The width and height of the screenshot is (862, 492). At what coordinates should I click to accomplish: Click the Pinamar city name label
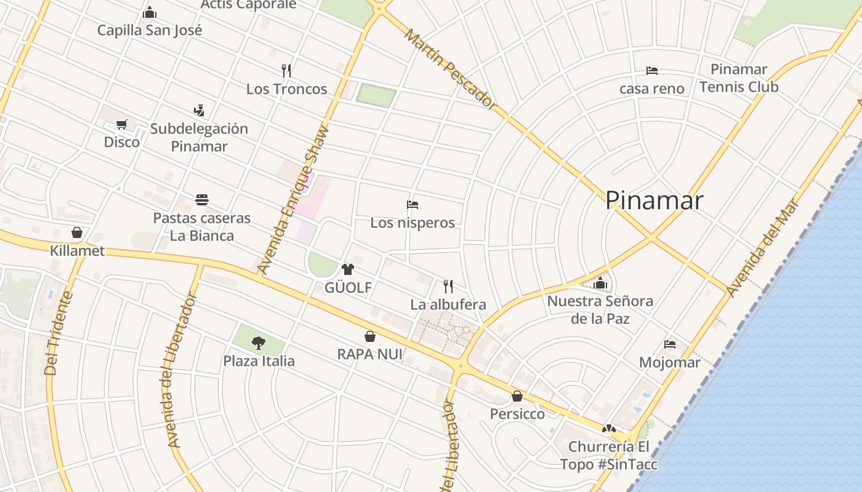coord(654,201)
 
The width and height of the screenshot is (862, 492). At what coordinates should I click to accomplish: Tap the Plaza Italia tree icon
coord(259,343)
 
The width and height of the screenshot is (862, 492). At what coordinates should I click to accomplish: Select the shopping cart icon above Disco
coord(122,125)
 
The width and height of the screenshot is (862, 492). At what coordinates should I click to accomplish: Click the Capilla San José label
coord(150,30)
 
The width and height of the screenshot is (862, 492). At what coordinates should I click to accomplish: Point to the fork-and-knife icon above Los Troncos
coord(286,70)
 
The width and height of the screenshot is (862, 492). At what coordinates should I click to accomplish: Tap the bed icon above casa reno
coord(652,71)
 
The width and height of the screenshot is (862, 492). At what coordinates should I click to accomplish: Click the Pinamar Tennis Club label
coord(739,78)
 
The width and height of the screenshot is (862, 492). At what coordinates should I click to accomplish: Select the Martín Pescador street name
coord(451,69)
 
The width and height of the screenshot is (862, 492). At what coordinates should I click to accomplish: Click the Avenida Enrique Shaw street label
coord(294,200)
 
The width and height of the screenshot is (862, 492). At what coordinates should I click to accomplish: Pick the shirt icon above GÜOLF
coord(348,269)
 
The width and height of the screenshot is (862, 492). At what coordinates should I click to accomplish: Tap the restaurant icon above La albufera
coord(448,286)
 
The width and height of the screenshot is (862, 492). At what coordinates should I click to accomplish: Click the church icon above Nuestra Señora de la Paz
coord(600,284)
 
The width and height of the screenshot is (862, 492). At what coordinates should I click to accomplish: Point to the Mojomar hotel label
coord(670,362)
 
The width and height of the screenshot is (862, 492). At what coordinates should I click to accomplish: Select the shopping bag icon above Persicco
coord(517,396)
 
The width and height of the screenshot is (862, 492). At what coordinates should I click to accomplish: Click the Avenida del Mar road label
coord(762,247)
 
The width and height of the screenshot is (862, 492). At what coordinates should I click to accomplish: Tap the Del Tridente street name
coord(59,333)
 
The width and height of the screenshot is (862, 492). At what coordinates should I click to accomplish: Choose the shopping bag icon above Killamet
coord(77,232)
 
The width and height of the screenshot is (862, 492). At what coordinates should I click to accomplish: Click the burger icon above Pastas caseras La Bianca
coord(202,200)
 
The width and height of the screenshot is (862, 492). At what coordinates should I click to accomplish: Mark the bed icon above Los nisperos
coord(413,205)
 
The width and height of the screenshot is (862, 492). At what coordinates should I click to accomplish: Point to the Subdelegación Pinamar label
coord(199,137)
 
